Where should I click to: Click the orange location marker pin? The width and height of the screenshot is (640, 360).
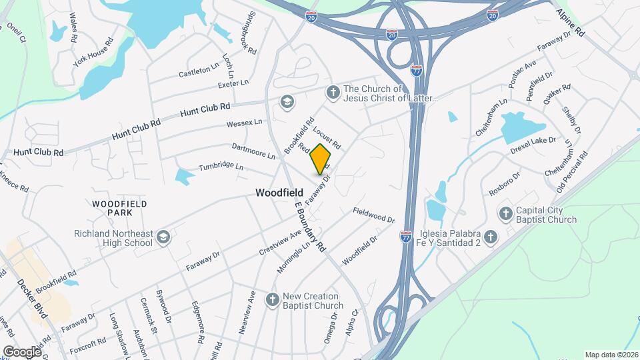click(321, 159)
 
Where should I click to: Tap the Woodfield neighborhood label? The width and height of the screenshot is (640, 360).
click(279, 193)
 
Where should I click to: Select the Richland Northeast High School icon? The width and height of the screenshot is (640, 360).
click(163, 237)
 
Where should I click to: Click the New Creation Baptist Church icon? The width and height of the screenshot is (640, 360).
click(272, 300)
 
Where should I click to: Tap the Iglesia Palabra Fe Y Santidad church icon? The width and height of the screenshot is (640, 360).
click(491, 237)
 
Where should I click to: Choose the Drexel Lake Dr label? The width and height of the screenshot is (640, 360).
click(533, 145)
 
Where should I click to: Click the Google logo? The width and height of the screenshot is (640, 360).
click(22, 351)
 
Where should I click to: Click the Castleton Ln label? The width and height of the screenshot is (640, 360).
click(199, 70)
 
